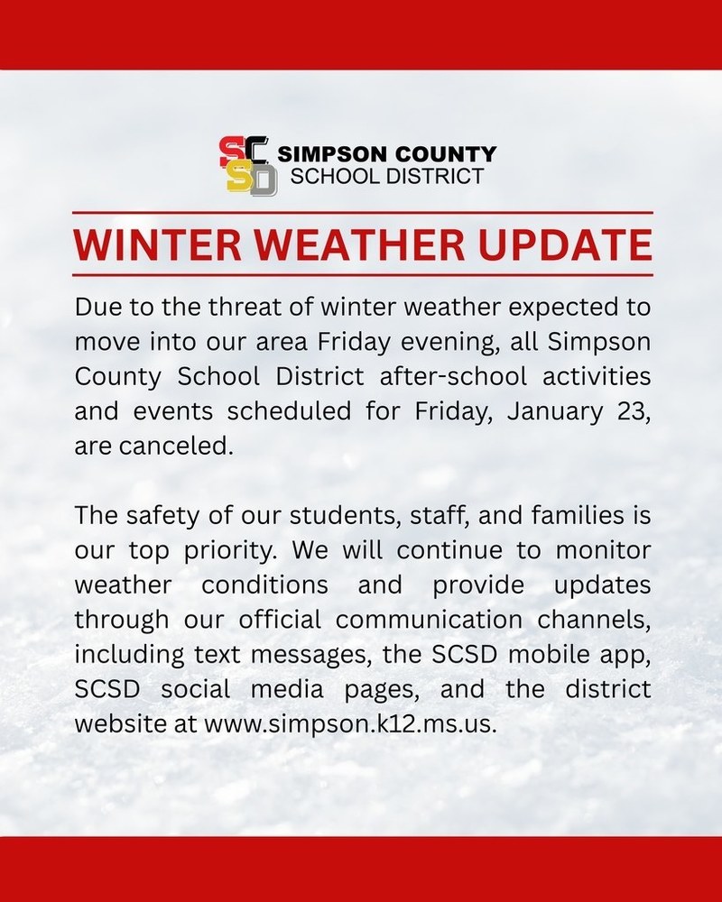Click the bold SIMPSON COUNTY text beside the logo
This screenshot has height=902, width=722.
pyautogui.click(x=386, y=154)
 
